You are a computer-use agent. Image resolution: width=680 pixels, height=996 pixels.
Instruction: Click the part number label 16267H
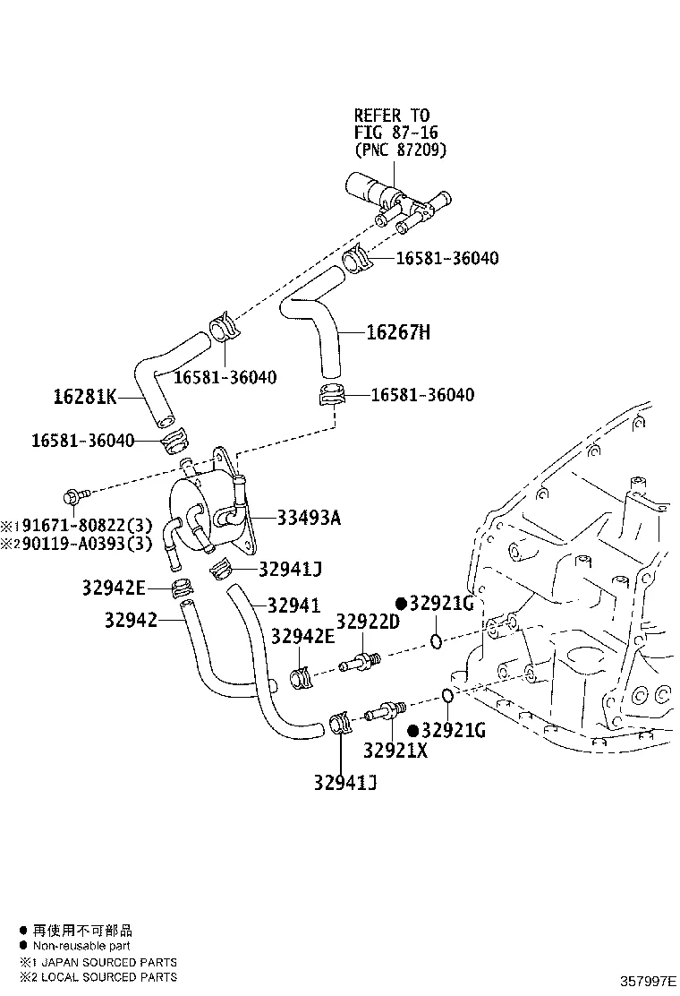tap(398, 333)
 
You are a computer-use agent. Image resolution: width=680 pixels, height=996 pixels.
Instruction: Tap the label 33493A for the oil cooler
tap(308, 518)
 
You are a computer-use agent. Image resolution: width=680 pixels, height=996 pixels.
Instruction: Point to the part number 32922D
tap(367, 622)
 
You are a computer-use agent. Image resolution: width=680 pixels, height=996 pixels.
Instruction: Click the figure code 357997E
tap(645, 980)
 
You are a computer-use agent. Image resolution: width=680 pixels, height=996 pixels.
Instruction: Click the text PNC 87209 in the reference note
tap(400, 150)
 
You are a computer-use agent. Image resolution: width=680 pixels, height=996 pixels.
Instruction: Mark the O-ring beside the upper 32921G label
tap(435, 640)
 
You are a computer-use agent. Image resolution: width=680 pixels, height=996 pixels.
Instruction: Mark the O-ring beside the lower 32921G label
tap(446, 695)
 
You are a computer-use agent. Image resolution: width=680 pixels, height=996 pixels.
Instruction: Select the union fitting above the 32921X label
tap(387, 712)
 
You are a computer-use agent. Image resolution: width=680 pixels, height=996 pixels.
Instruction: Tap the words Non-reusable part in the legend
tap(81, 946)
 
